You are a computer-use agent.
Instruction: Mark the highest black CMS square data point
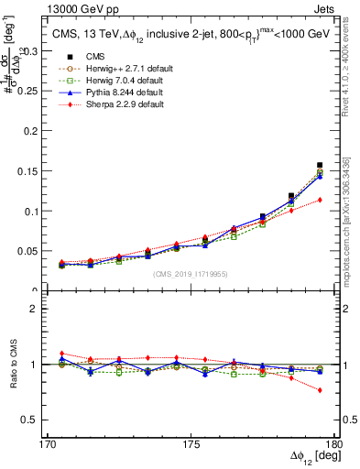320,166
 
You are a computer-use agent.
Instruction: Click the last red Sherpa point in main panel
320,200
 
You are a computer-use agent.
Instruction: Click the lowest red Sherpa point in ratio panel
320,390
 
